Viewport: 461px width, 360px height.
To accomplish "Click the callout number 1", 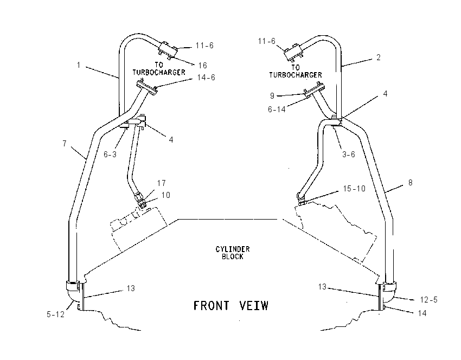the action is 79,65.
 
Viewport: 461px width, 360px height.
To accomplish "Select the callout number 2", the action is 379,57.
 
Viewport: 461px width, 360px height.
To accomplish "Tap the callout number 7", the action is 65,144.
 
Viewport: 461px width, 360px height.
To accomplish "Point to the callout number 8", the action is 411,183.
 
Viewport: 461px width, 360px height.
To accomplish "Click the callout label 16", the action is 203,65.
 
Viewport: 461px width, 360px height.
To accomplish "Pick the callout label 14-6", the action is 206,78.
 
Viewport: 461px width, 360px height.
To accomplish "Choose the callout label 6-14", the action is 277,110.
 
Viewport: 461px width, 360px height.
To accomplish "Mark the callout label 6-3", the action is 110,155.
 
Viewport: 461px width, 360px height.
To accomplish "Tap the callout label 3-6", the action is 349,155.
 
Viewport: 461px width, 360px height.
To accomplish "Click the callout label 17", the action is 162,183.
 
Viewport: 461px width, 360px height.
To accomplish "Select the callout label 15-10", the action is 354,188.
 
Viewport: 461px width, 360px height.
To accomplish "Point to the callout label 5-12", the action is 55,314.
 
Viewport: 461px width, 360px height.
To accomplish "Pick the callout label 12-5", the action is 428,300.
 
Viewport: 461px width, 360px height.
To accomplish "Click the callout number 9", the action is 272,96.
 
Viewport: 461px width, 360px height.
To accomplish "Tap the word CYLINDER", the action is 233,249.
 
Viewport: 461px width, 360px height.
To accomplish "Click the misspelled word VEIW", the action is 254,305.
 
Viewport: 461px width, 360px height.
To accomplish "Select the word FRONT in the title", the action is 211,305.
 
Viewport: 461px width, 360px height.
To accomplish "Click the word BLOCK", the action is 233,256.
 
